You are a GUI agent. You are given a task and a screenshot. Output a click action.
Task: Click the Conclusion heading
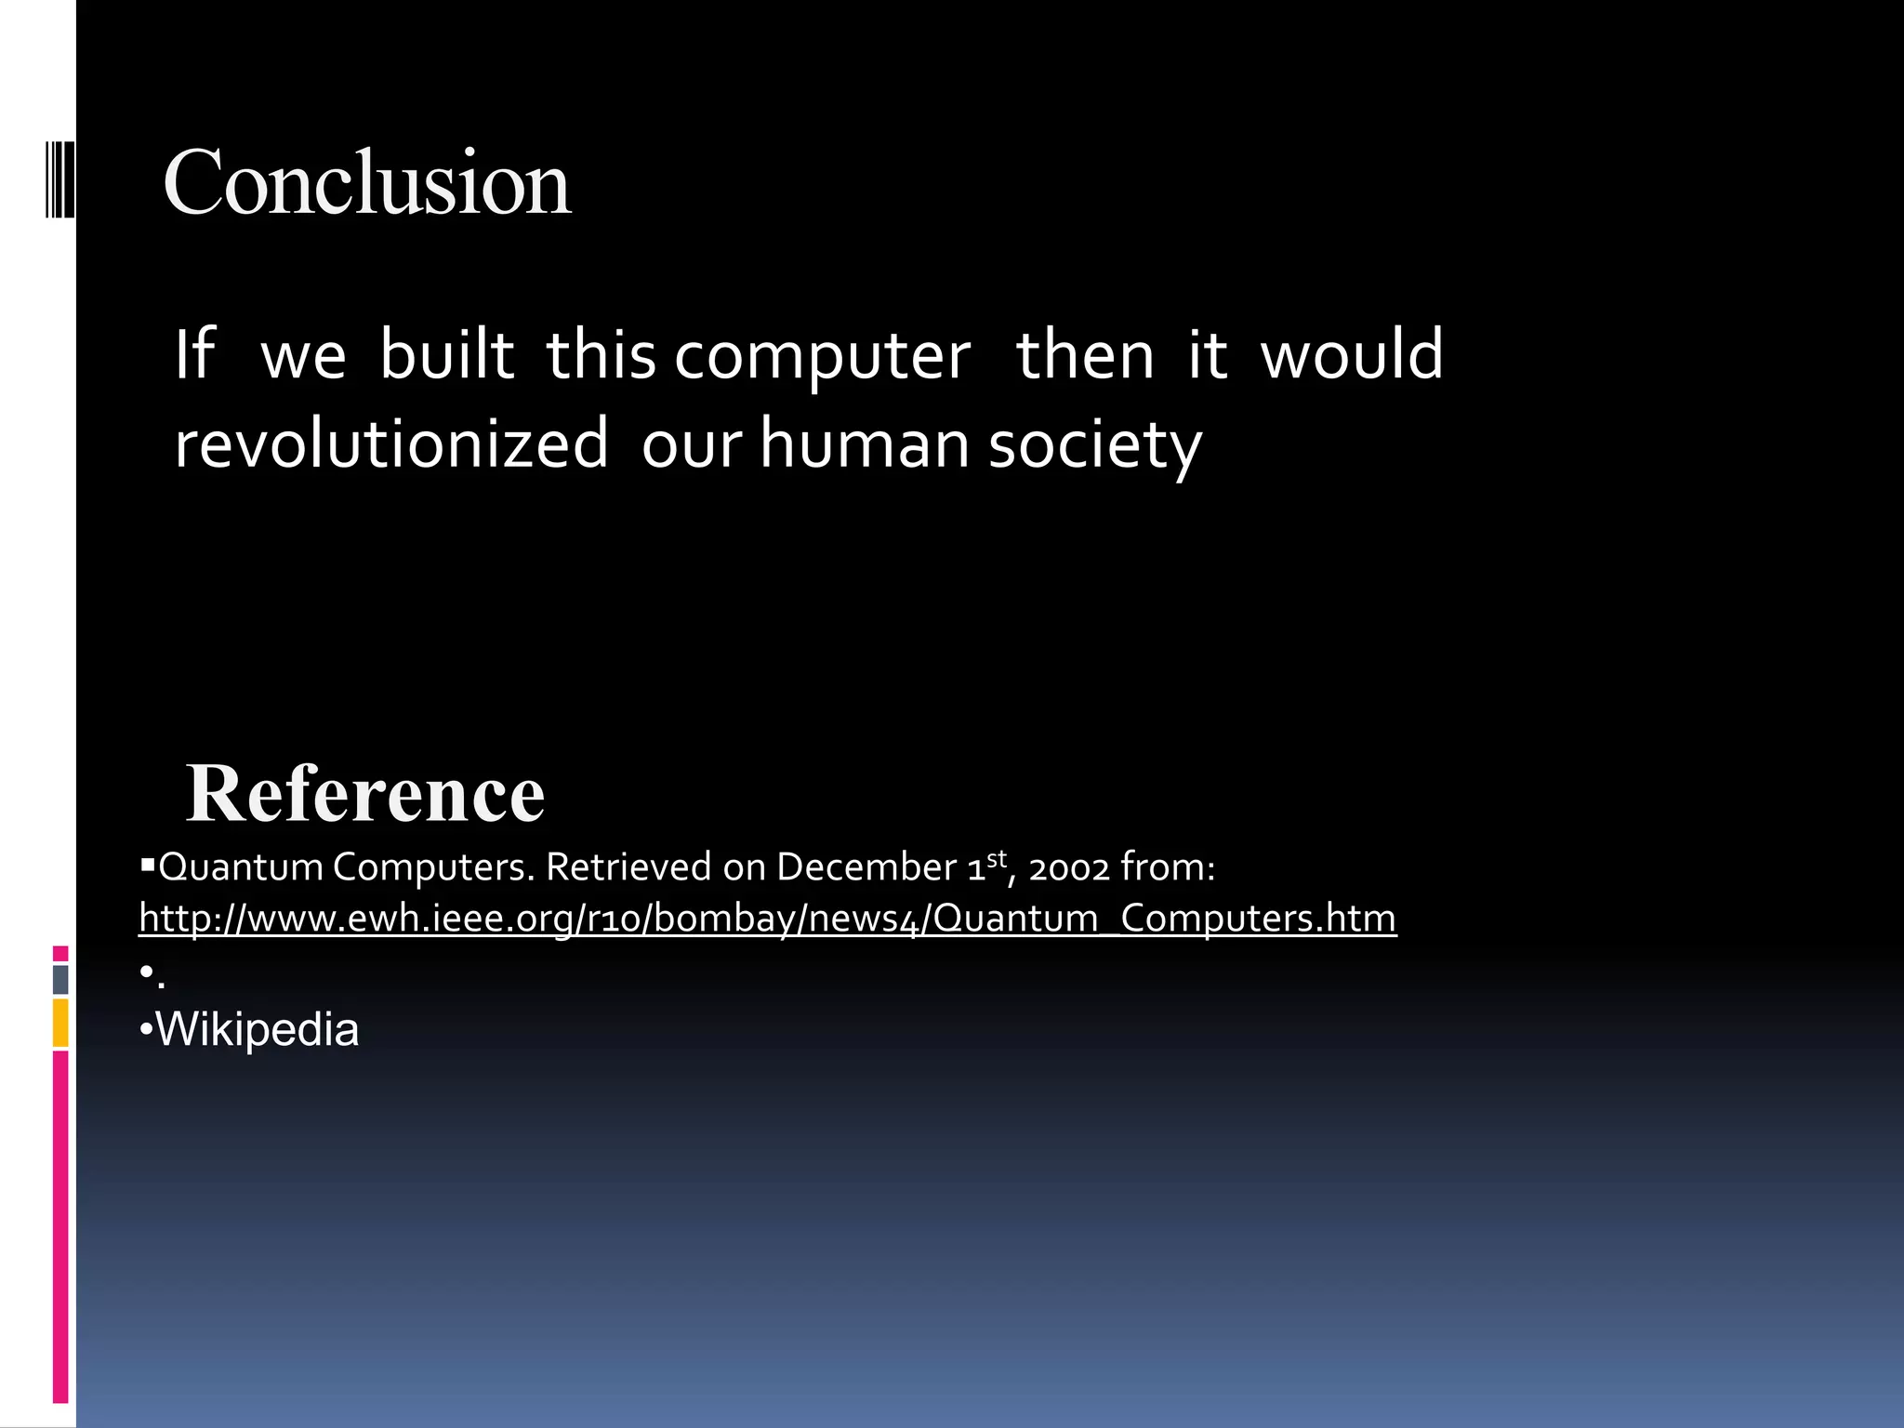(366, 183)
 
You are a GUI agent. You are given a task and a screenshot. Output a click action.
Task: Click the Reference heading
(364, 794)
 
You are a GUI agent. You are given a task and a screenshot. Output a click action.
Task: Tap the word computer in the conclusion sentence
(822, 357)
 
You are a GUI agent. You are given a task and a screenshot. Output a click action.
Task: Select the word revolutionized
(391, 444)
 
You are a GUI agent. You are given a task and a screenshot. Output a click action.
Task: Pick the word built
(446, 355)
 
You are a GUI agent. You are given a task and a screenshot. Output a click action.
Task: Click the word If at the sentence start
(195, 355)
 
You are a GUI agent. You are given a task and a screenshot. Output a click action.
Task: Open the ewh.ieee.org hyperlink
(767, 919)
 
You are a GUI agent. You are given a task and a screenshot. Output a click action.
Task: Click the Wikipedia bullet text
(257, 1030)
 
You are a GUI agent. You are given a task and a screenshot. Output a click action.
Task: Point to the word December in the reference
(866, 867)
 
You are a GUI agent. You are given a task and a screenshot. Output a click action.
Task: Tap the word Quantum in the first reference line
(241, 868)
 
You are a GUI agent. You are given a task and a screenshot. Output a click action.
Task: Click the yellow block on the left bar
(60, 1023)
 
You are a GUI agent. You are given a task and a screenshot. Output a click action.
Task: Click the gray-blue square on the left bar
(60, 979)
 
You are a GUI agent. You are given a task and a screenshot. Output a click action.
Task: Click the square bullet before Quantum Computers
(147, 866)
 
